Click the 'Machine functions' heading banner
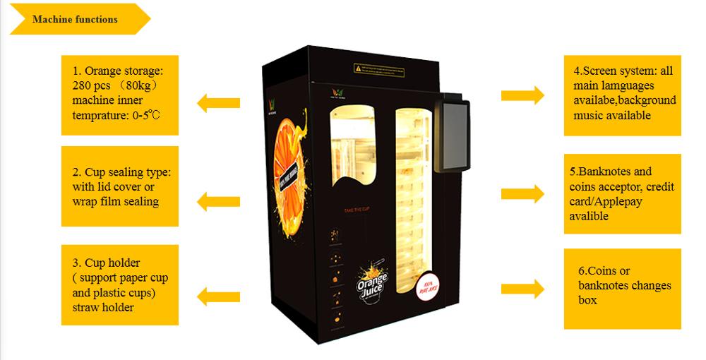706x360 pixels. tap(76, 19)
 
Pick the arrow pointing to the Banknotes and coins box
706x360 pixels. tap(522, 193)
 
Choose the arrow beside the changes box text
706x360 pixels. tap(522, 288)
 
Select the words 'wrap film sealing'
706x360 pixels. tap(116, 202)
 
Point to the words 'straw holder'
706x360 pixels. tap(103, 307)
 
